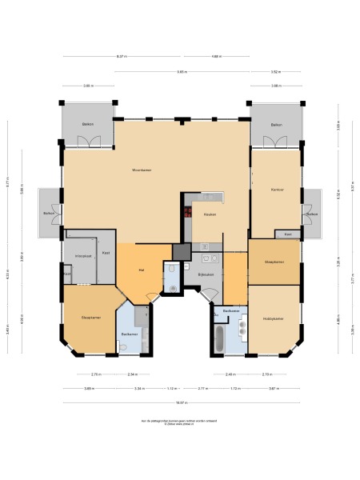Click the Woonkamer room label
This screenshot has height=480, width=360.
142,170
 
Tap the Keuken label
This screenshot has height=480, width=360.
210,214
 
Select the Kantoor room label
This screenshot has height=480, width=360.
278,189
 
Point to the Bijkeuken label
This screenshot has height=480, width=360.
206,274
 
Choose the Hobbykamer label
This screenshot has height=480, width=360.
274,318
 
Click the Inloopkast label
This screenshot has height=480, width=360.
83,256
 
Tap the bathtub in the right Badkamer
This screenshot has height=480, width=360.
218,338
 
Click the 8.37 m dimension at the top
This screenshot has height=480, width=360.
121,57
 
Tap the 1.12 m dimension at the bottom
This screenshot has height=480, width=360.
172,388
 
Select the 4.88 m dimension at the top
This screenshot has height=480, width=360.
216,57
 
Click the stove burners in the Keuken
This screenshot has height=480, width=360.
188,213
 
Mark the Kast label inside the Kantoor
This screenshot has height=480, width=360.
288,234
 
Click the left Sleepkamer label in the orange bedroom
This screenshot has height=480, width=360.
90,318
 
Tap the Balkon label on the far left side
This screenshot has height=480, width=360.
49,214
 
